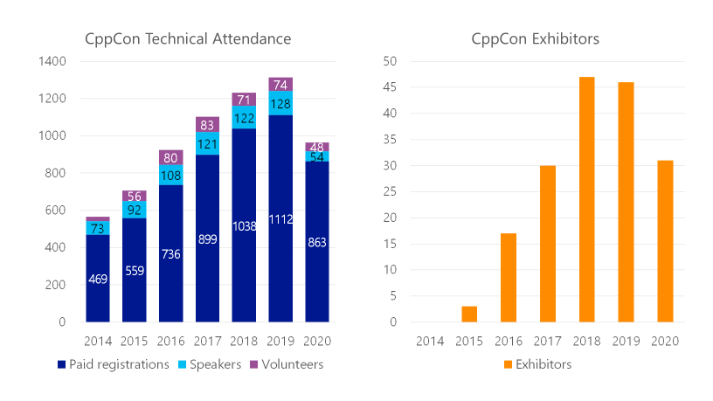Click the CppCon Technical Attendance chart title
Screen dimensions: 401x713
click(x=187, y=39)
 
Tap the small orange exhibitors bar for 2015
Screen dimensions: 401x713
click(x=469, y=315)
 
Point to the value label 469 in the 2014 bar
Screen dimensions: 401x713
click(x=98, y=280)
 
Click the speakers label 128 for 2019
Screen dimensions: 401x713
click(x=280, y=104)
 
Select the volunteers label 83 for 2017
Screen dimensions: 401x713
click(x=207, y=125)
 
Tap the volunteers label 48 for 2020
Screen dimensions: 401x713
click(x=317, y=147)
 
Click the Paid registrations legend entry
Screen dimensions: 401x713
click(x=113, y=364)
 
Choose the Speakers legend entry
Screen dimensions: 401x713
click(x=211, y=364)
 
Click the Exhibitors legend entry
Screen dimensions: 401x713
click(x=536, y=364)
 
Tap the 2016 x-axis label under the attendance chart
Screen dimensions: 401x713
click(x=170, y=340)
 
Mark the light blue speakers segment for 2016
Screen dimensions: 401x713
click(x=170, y=176)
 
